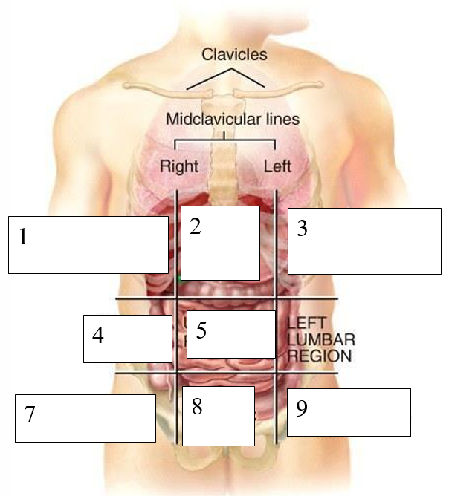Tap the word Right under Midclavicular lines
[179, 165]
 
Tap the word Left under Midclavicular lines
[277, 165]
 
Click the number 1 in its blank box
[23, 237]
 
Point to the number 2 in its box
[196, 226]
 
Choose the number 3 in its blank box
[302, 229]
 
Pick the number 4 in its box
[97, 335]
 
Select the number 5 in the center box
[201, 330]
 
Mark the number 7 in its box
[29, 414]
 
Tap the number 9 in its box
[302, 409]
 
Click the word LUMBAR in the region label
[320, 339]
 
